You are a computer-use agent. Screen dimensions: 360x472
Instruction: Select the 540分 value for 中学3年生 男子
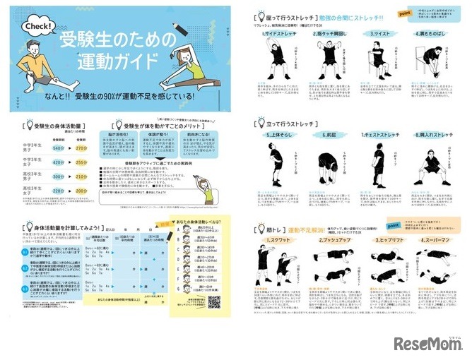(x=59, y=149)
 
